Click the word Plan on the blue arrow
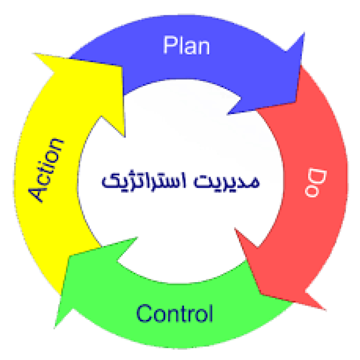(186, 45)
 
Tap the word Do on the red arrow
(315, 183)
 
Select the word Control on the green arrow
(175, 313)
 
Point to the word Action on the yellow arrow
(46, 171)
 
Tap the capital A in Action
(37, 194)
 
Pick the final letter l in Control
(211, 313)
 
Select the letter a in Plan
(187, 48)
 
